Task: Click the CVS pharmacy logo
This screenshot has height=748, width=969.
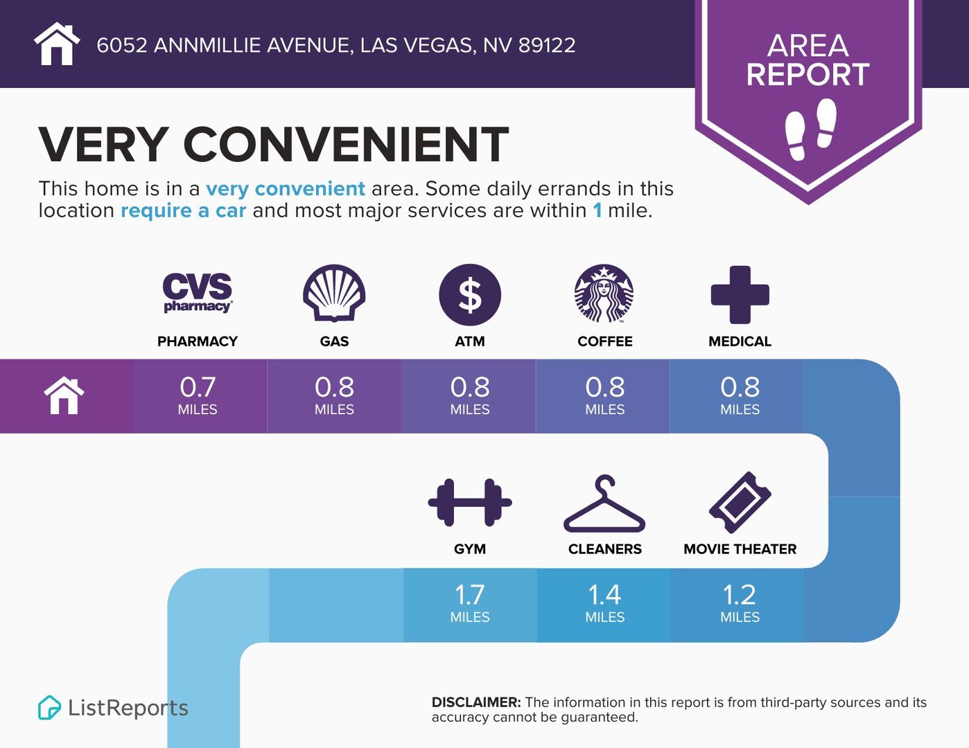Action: tap(198, 292)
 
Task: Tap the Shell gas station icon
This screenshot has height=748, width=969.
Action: tap(334, 293)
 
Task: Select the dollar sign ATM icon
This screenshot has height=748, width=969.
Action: tap(470, 294)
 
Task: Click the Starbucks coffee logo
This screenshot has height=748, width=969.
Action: tap(604, 294)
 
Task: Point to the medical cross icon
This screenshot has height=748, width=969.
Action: tap(740, 294)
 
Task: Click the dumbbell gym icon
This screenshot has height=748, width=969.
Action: tap(470, 502)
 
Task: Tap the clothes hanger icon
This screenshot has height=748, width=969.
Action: tap(604, 504)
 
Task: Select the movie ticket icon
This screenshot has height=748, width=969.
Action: tap(740, 502)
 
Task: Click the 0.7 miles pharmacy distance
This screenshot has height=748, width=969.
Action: tap(198, 395)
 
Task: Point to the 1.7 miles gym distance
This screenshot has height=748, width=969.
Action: tap(470, 603)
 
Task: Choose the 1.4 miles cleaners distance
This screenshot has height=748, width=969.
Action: tap(604, 603)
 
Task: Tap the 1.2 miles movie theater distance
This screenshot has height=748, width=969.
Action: tap(740, 603)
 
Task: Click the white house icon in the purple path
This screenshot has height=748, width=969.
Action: tap(64, 395)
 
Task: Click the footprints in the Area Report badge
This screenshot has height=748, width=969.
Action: tap(810, 129)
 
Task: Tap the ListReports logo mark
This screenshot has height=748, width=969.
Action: tap(49, 707)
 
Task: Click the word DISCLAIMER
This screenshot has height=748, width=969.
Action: tap(476, 702)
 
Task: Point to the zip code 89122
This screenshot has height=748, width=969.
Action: tap(547, 45)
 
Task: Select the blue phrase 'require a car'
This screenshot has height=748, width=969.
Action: tap(184, 211)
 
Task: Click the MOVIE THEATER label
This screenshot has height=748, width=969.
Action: tap(740, 549)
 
